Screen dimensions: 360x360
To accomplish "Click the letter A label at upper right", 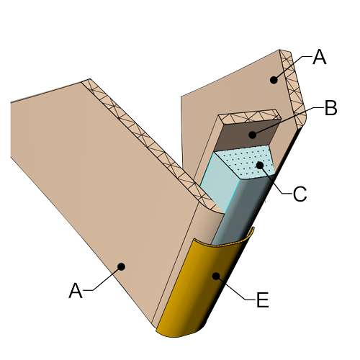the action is pyautogui.click(x=320, y=57).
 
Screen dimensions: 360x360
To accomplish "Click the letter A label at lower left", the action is pyautogui.click(x=76, y=291).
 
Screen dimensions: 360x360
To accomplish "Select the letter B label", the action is pyautogui.click(x=331, y=108).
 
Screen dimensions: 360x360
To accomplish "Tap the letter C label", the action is pyautogui.click(x=300, y=194).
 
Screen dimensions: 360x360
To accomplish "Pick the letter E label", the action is pyautogui.click(x=263, y=300).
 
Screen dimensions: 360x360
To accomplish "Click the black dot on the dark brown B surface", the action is pyautogui.click(x=252, y=135).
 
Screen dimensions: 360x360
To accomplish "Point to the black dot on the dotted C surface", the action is pyautogui.click(x=260, y=165).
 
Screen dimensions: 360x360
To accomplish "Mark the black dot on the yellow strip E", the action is pyautogui.click(x=216, y=276).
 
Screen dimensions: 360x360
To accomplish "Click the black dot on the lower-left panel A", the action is pyautogui.click(x=121, y=266).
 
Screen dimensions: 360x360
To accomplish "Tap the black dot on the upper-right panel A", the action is pyautogui.click(x=274, y=80).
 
